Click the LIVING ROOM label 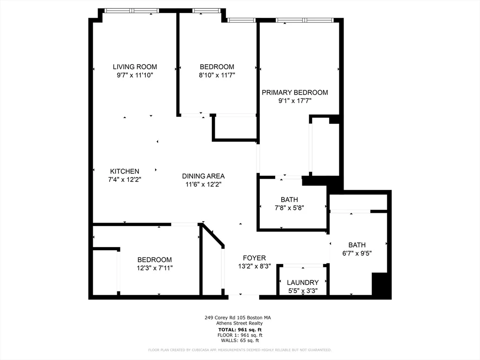[x=135, y=67]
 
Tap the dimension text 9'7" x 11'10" [x=135, y=75]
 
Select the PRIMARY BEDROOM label [x=295, y=92]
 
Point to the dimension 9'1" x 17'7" [x=295, y=101]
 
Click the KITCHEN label [x=125, y=171]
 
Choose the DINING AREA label [x=203, y=176]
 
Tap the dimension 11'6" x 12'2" [x=203, y=185]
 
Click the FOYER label [x=255, y=258]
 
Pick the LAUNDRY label [x=303, y=282]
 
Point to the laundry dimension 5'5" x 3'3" [x=303, y=291]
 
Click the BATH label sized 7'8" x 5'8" [x=289, y=200]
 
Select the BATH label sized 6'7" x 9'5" [x=357, y=245]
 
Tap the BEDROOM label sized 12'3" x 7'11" [x=154, y=260]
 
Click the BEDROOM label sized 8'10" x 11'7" [x=217, y=67]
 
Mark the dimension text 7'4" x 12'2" [x=125, y=180]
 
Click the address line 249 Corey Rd [x=238, y=317]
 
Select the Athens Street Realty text [x=240, y=323]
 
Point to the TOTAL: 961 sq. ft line [x=240, y=329]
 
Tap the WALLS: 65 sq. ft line [x=240, y=341]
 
